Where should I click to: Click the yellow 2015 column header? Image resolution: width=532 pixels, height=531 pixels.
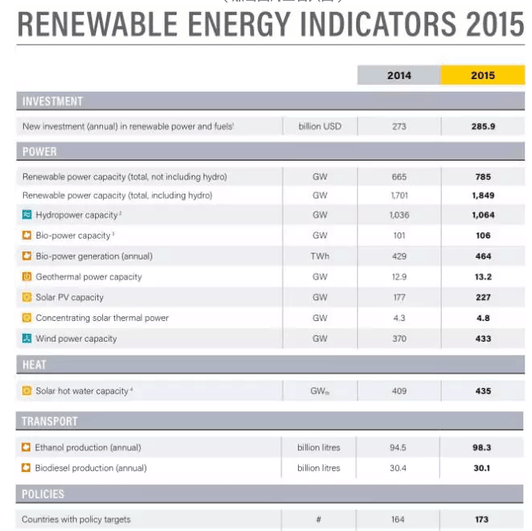(x=482, y=75)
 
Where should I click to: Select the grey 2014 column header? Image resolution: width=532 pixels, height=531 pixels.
(x=399, y=75)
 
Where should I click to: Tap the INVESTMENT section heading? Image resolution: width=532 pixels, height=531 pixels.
(x=53, y=101)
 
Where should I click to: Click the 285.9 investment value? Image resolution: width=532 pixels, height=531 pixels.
(x=482, y=126)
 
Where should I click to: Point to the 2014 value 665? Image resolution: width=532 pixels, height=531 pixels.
(x=399, y=176)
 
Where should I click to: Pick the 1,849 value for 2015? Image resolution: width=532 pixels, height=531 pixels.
(x=482, y=196)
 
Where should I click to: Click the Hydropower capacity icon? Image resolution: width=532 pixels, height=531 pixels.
(x=26, y=216)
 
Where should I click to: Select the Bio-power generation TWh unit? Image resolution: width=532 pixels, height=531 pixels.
(x=320, y=256)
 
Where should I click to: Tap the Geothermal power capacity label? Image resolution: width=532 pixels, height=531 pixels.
(x=89, y=277)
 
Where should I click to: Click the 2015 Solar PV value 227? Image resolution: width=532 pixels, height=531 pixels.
(x=482, y=298)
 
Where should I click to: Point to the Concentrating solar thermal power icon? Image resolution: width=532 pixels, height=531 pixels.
(x=26, y=318)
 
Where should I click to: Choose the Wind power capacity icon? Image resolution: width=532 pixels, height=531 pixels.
(x=26, y=339)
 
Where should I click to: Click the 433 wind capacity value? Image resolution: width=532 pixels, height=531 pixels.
(x=482, y=339)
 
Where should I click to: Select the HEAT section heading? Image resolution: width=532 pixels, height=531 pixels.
(x=34, y=365)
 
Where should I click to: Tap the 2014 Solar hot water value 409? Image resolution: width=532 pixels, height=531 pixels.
(x=399, y=391)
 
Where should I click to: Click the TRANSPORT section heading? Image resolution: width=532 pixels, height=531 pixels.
(x=50, y=421)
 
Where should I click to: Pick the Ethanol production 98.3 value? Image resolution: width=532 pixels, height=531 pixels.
(x=482, y=448)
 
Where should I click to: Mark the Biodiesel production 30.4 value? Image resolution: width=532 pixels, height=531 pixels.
(x=399, y=468)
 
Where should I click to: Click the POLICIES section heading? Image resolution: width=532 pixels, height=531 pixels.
(x=43, y=494)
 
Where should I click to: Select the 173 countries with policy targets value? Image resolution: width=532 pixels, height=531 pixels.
(x=482, y=520)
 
